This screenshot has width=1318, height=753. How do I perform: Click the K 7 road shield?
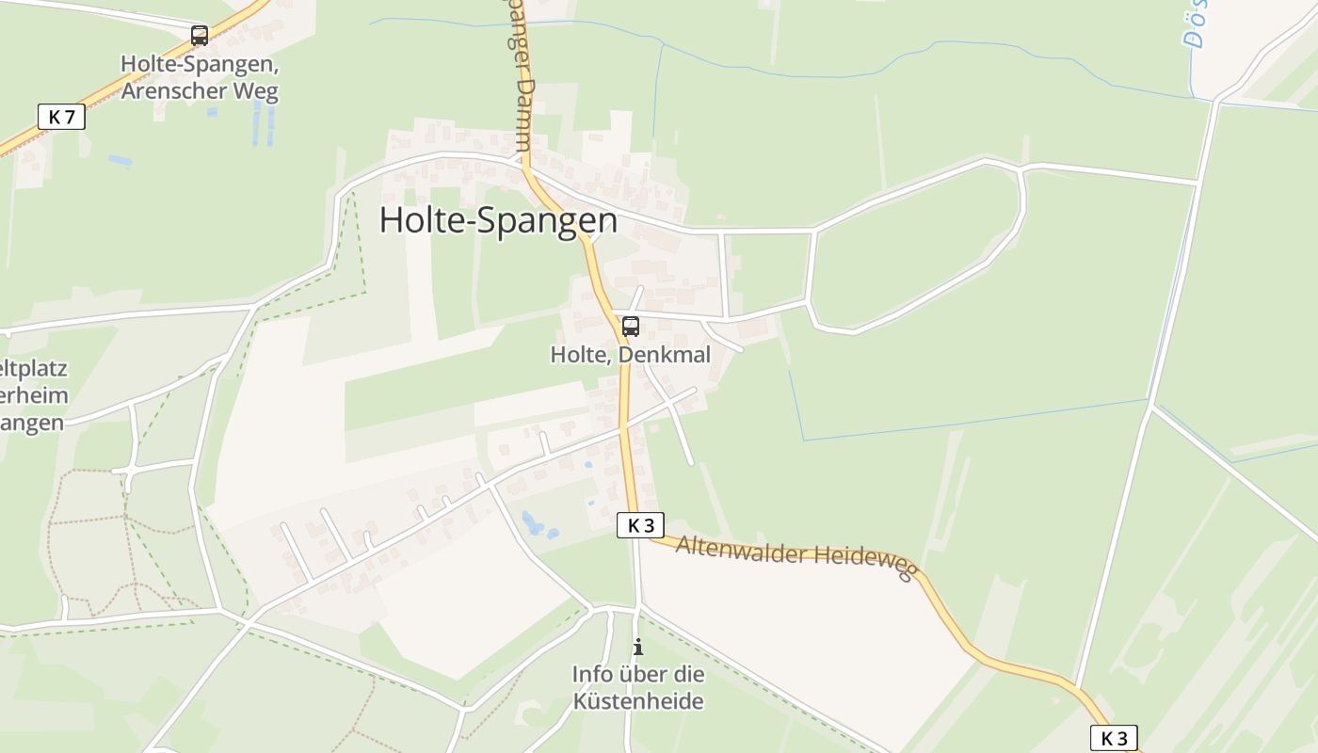[x=61, y=117]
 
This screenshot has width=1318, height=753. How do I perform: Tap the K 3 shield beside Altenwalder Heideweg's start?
[x=640, y=525]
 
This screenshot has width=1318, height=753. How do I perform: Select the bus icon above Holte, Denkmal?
[x=631, y=327]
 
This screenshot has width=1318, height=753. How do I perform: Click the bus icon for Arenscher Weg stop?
[x=200, y=36]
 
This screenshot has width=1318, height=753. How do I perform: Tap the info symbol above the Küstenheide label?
[x=638, y=647]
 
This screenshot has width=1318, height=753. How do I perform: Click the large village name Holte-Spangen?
[x=498, y=220]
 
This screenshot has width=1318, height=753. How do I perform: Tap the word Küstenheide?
[x=638, y=701]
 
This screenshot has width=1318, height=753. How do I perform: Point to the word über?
[x=644, y=674]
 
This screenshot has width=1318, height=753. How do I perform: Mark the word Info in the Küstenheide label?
[x=593, y=674]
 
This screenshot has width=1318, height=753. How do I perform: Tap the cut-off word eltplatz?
[x=34, y=367]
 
